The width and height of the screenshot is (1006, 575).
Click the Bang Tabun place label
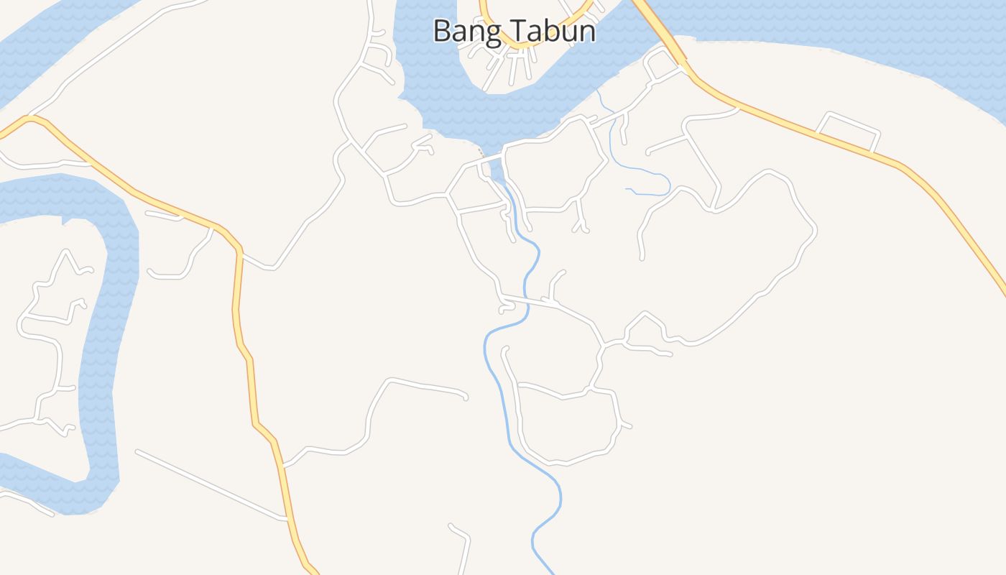click(514, 31)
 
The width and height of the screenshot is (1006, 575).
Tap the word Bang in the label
click(461, 31)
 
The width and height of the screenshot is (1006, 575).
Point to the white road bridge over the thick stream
click(527, 300)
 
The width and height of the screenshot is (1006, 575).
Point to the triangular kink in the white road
click(645, 316)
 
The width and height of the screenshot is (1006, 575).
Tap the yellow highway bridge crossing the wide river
click(657, 25)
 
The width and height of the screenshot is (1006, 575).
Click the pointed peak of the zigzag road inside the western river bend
click(66, 252)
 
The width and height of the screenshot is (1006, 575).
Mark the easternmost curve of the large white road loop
click(815, 230)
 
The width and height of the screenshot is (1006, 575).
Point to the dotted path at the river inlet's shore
click(480, 152)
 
